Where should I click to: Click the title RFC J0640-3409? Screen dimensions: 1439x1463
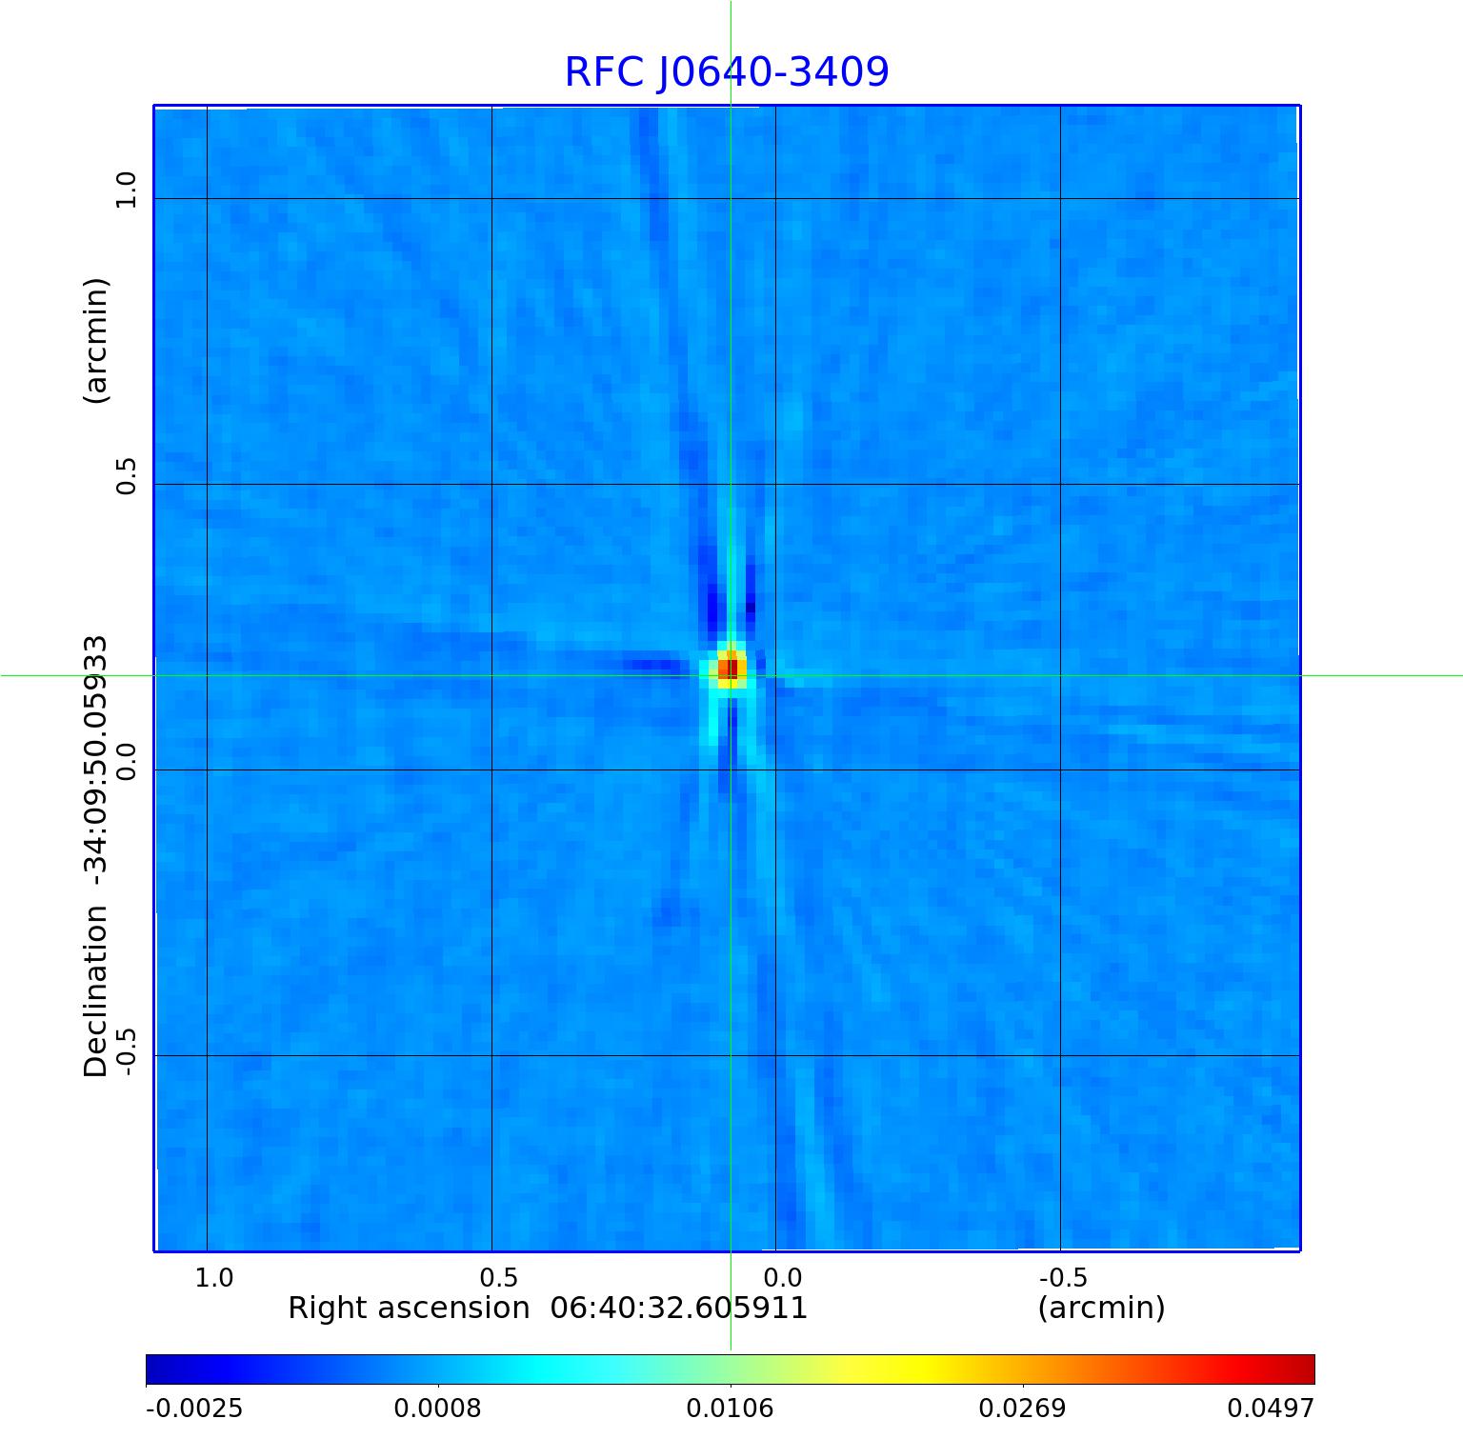coord(727,72)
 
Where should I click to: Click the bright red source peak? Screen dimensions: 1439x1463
coord(730,668)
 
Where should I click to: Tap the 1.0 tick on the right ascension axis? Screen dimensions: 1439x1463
coord(213,1277)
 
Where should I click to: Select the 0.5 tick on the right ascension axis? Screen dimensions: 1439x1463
coord(498,1277)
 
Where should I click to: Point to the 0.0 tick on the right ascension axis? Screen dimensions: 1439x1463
coord(782,1277)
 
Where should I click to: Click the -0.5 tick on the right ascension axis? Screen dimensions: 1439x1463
coord(1063,1277)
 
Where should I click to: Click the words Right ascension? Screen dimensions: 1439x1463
coord(409,1309)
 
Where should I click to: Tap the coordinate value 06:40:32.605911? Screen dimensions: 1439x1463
coord(679,1309)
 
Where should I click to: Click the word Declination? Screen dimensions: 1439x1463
coord(96,990)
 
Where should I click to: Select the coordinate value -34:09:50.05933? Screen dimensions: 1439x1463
coord(96,762)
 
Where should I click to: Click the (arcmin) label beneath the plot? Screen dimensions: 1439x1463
coord(1101,1309)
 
